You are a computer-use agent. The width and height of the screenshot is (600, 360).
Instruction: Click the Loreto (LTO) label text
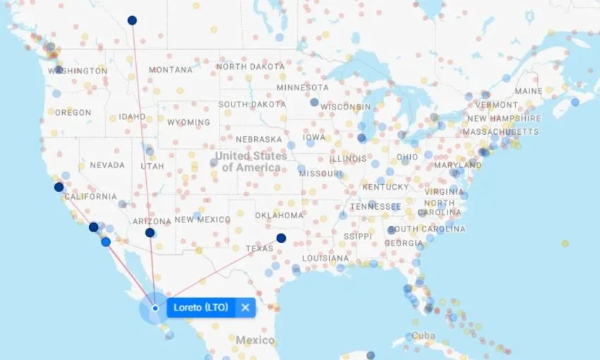click(x=200, y=308)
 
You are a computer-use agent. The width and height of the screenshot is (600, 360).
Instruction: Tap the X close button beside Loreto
click(x=245, y=308)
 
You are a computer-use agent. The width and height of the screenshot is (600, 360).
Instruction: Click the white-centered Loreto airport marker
click(x=155, y=308)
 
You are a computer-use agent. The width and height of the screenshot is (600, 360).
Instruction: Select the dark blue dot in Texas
click(x=281, y=238)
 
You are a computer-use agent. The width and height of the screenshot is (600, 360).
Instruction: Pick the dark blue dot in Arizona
click(x=150, y=232)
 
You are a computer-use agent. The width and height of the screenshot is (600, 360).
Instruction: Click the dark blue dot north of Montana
click(x=132, y=20)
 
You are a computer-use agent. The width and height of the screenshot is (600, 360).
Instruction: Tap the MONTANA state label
click(x=170, y=70)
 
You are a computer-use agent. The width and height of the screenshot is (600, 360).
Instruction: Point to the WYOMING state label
click(x=188, y=122)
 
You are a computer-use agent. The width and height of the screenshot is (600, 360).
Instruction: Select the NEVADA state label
click(x=107, y=165)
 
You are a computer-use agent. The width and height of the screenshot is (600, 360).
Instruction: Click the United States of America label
click(x=251, y=162)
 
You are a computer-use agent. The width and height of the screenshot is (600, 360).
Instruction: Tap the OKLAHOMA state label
click(x=279, y=215)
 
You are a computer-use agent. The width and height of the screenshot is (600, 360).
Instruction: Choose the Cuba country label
click(x=424, y=335)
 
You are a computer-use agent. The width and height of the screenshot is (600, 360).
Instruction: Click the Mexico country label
click(x=255, y=340)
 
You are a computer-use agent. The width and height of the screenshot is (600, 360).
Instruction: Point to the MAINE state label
click(x=529, y=91)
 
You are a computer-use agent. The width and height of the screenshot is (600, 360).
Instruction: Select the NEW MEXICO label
click(x=203, y=220)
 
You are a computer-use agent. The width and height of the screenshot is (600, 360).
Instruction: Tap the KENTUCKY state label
click(x=385, y=187)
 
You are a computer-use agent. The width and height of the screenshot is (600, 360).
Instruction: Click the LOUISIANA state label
click(x=325, y=258)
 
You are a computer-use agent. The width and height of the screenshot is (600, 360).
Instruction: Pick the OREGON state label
click(x=73, y=112)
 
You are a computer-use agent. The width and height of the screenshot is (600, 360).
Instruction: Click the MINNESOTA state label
click(x=302, y=88)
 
